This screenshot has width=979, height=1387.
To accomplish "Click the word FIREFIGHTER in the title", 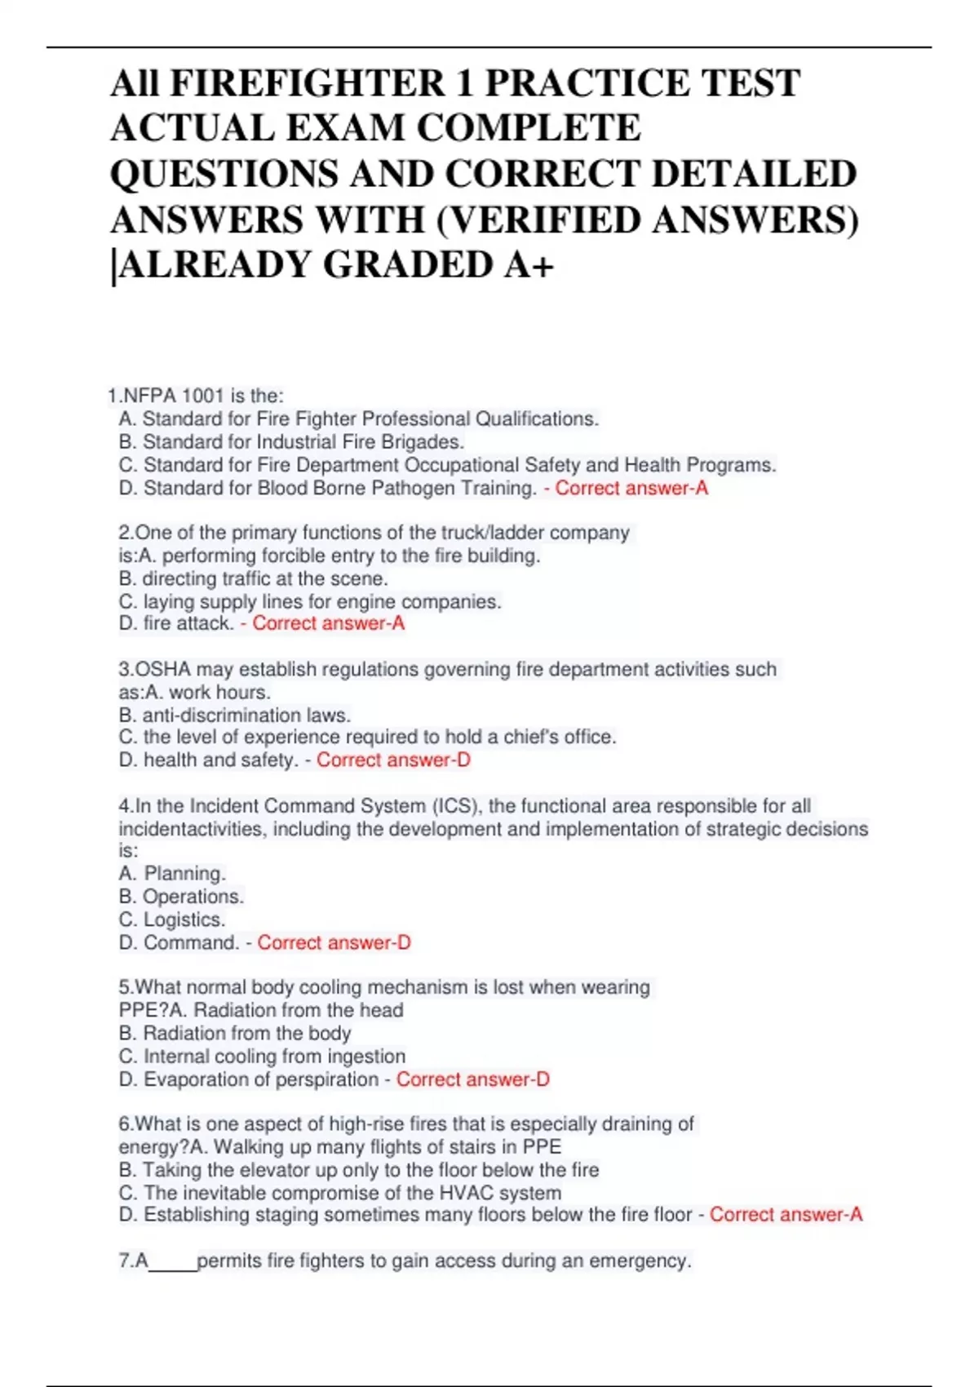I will (308, 83).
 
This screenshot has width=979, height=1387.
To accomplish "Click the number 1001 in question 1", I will (202, 396).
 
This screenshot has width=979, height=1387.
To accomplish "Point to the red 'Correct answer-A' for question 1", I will (631, 488).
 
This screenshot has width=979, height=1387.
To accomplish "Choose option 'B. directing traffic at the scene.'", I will (253, 578).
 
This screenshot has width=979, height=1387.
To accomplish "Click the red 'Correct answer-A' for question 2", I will (328, 623).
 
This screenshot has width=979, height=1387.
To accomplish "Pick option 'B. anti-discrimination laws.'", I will (234, 716).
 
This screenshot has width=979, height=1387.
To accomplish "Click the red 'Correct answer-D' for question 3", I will (393, 760).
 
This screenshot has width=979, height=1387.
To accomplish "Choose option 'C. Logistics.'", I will (171, 919).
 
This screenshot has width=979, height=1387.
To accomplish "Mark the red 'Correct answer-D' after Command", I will (334, 942).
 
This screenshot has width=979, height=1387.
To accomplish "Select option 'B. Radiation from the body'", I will (234, 1033).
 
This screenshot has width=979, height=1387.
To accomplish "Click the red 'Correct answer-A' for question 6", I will (786, 1215).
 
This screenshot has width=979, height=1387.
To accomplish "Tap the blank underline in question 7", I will (173, 1262).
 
